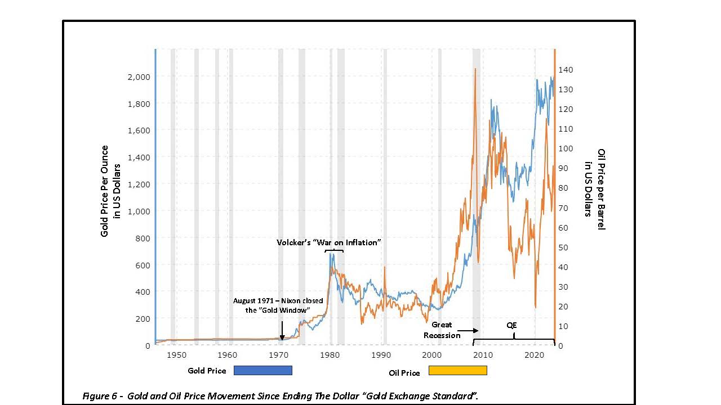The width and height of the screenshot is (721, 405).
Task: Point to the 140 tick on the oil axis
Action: (x=566, y=70)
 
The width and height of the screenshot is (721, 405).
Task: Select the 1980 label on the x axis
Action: (x=330, y=355)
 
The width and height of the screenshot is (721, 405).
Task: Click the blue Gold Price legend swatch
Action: (x=262, y=370)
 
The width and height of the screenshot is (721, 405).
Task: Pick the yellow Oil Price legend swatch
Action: (x=457, y=370)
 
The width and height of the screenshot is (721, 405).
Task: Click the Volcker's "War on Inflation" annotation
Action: (x=329, y=242)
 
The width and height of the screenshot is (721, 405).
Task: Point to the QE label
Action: (x=511, y=325)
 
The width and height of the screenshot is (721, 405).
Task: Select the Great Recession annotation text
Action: (x=442, y=330)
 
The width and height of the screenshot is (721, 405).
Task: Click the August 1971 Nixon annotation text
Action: (x=278, y=305)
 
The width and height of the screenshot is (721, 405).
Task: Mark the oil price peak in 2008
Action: (x=475, y=69)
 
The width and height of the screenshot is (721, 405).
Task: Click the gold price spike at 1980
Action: (x=331, y=254)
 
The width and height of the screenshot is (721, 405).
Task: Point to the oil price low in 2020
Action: (x=535, y=307)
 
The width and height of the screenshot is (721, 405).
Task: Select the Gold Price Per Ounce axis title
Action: (x=111, y=191)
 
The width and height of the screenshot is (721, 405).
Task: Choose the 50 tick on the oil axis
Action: (x=563, y=247)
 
